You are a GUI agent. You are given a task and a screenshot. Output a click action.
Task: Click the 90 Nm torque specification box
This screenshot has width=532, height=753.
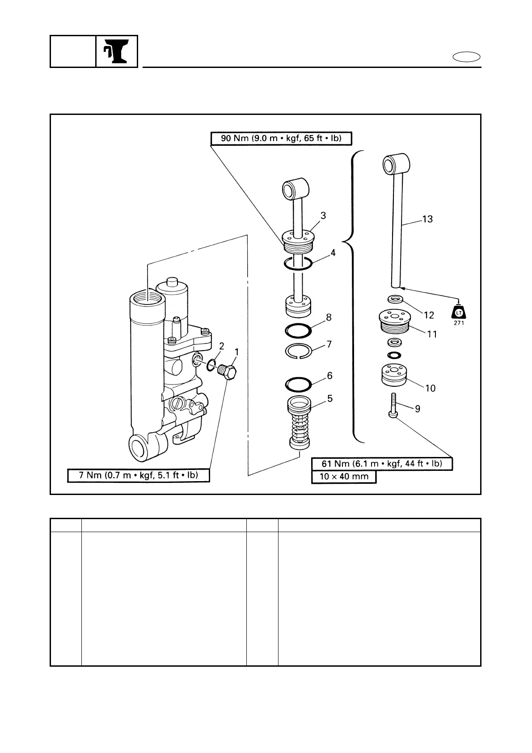point(281,139)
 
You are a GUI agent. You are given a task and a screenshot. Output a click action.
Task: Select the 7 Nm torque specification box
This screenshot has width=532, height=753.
point(139,475)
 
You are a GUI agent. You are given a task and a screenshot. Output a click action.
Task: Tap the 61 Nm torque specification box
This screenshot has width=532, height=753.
point(382,464)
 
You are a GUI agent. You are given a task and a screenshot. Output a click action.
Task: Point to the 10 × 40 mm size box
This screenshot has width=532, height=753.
point(344,477)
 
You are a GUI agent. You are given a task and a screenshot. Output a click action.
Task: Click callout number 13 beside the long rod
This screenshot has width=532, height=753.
point(427,220)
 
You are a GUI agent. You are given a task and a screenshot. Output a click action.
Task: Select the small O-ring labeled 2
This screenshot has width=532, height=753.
point(211,366)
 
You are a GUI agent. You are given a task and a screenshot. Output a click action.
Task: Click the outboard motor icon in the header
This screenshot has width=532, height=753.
point(117,51)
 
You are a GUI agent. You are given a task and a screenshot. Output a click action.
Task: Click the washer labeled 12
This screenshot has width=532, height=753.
point(394,299)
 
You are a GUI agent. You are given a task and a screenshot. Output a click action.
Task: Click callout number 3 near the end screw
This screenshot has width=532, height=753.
point(323,216)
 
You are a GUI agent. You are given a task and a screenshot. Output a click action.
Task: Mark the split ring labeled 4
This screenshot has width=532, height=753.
point(298,264)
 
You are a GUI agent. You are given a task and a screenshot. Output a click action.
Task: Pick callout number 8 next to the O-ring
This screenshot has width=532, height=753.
point(329,317)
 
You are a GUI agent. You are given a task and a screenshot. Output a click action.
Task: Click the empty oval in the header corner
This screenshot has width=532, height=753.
point(467,57)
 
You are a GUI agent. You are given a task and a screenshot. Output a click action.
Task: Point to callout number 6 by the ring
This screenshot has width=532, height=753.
point(329,376)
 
